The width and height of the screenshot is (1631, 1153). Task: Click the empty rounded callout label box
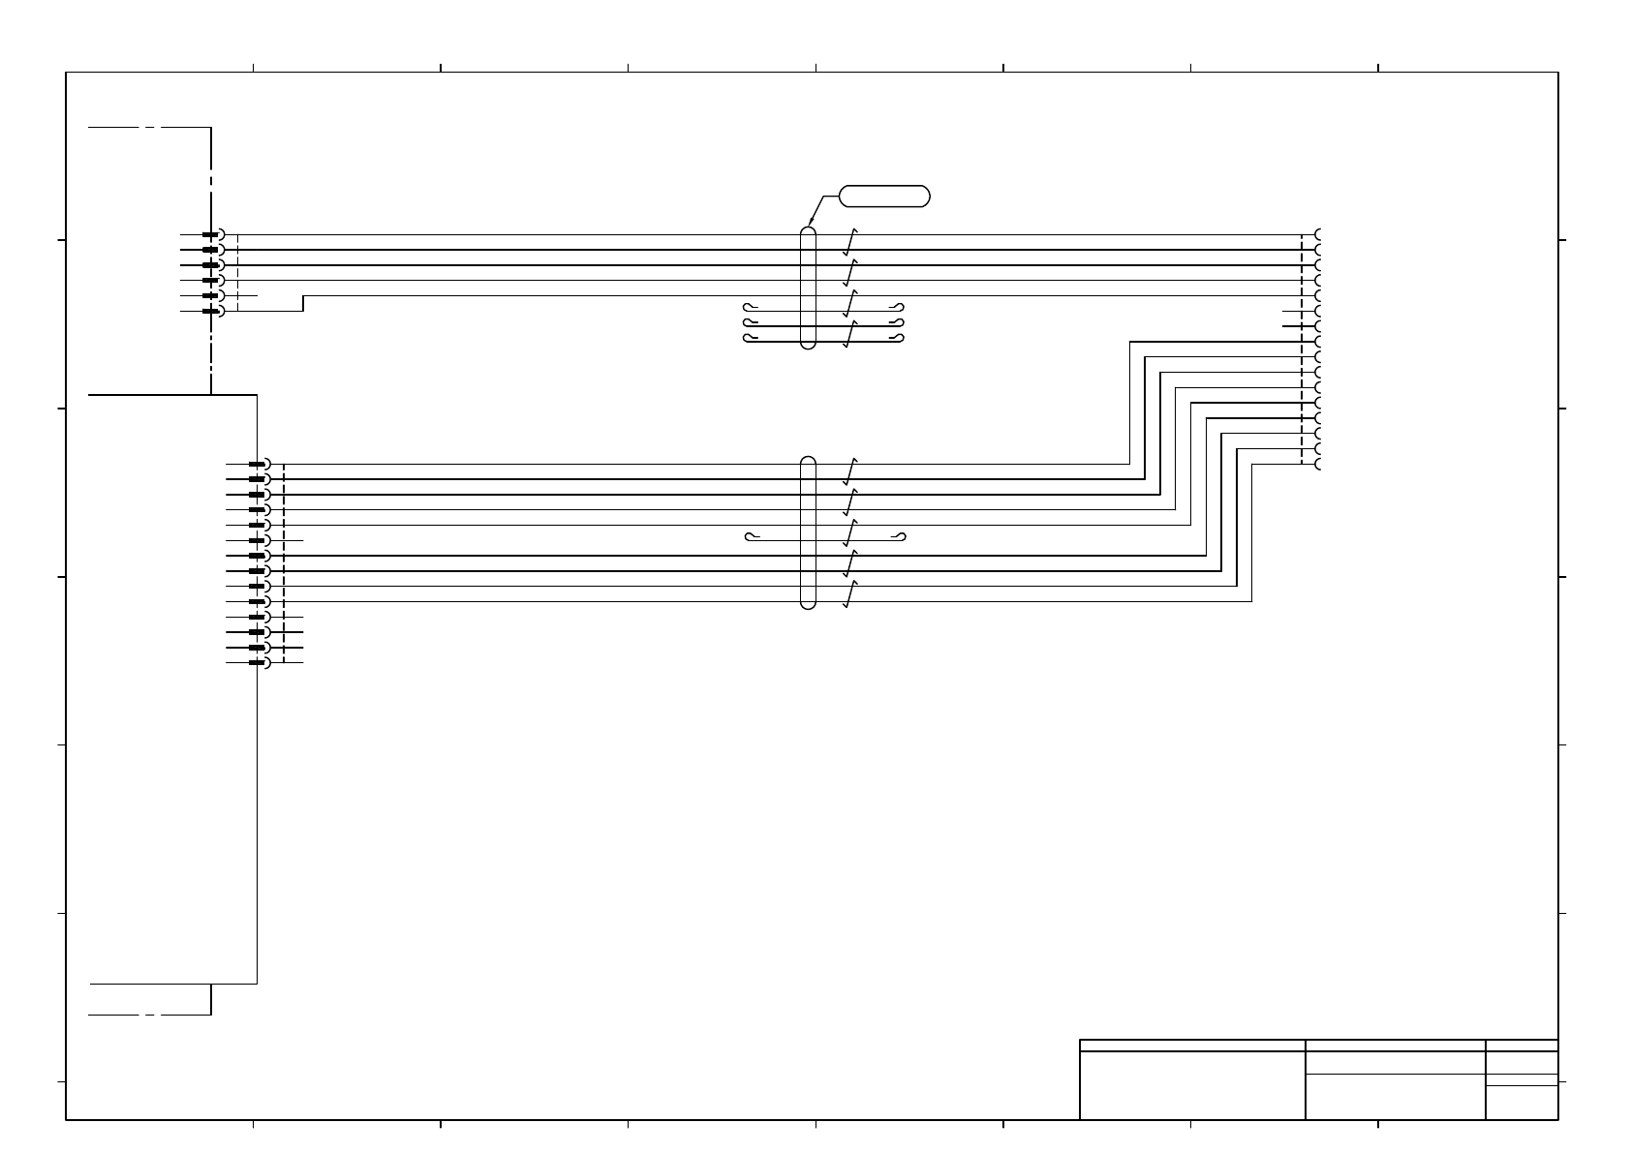tap(884, 197)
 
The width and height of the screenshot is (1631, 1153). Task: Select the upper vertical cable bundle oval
tap(809, 288)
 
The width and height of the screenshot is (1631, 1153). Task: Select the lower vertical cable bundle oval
tap(809, 532)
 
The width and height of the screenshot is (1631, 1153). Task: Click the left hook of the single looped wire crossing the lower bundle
tap(749, 536)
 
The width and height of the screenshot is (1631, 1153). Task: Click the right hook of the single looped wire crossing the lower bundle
tap(901, 536)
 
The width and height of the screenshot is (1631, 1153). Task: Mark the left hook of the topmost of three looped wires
tap(748, 308)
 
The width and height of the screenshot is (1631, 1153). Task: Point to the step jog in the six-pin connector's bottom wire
tap(303, 303)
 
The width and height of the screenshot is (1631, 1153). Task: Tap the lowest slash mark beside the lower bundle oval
tap(850, 592)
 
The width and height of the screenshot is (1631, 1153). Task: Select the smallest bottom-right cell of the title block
tap(1522, 1102)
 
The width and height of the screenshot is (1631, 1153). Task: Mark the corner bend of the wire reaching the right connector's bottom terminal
tap(1252, 465)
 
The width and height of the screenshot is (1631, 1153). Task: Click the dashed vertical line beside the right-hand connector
tap(1302, 349)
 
